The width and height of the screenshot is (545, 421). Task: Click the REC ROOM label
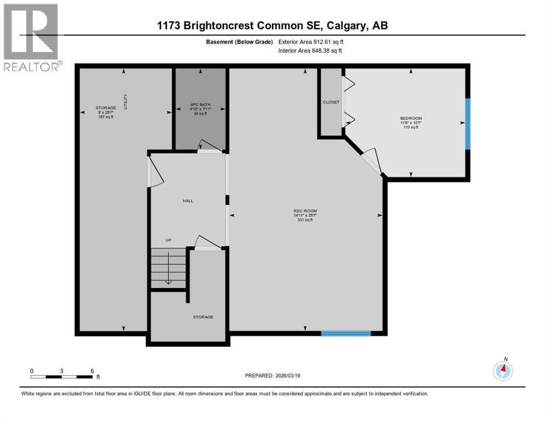[x=305, y=211]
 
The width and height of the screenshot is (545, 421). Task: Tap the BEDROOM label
[x=411, y=118]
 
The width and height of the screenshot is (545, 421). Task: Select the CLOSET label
[x=331, y=102]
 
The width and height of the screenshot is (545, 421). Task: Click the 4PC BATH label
[x=200, y=105]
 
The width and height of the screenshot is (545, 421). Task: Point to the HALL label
[x=188, y=201]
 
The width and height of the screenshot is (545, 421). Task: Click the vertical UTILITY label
[x=126, y=102]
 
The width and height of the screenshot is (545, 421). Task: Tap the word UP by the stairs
[x=170, y=240]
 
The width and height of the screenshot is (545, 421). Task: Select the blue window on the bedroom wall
[x=467, y=123]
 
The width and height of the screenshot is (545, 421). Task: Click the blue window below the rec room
[x=345, y=333]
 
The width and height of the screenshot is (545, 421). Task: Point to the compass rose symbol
[x=502, y=371]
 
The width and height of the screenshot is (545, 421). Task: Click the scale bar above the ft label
[x=62, y=376]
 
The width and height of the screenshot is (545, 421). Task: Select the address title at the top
[x=272, y=25]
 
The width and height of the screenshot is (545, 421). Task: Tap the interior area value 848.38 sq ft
[x=328, y=50]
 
